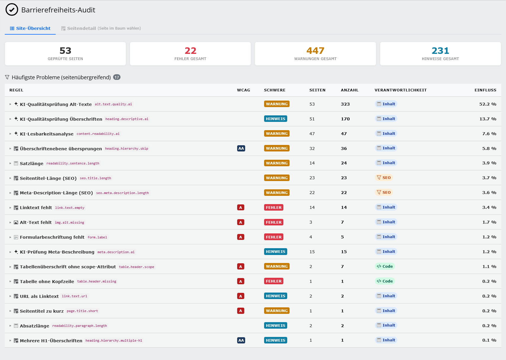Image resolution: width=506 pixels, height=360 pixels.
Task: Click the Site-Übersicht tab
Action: (30, 28)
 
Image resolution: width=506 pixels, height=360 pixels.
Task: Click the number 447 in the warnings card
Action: (315, 51)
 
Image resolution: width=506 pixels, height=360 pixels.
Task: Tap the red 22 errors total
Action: (190, 51)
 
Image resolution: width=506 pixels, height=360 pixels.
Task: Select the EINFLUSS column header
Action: (485, 90)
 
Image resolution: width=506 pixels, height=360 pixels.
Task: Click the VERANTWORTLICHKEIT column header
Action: (401, 90)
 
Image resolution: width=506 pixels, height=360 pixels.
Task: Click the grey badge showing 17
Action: (117, 77)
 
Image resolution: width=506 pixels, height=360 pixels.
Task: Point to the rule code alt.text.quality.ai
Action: (113, 104)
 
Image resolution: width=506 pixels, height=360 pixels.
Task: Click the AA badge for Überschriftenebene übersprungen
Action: (241, 148)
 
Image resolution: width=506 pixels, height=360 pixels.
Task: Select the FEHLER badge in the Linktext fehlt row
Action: (274, 207)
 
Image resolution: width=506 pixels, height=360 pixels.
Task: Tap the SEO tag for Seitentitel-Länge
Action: (384, 177)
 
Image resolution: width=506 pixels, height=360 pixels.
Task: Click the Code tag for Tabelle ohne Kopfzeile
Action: (385, 281)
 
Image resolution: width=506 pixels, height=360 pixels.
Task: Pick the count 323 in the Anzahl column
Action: (345, 104)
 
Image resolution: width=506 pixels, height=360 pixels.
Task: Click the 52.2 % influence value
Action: (488, 104)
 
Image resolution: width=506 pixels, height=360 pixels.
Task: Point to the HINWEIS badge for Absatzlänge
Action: (275, 325)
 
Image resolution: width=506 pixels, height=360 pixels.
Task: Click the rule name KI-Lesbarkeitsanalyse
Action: (46, 134)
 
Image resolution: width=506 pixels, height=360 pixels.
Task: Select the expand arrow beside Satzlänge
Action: (10, 163)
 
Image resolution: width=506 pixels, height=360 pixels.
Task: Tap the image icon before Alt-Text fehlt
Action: (16, 222)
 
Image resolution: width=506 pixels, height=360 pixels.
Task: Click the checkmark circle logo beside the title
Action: (12, 10)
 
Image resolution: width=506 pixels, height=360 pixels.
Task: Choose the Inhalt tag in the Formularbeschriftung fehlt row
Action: (386, 237)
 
